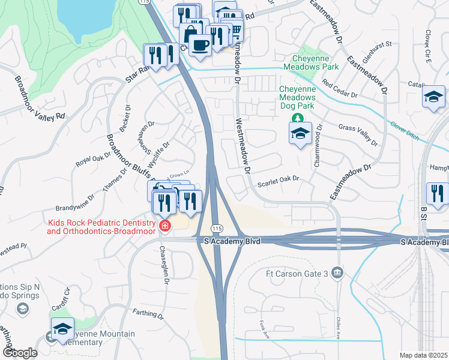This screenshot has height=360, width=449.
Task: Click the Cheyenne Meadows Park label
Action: coord(315,62)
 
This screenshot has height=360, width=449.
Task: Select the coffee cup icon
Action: coord(199,44)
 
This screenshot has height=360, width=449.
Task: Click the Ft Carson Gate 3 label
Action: coord(298,274)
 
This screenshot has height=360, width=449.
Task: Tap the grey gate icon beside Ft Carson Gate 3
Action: coord(338,274)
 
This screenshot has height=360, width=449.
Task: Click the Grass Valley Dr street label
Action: coord(358,135)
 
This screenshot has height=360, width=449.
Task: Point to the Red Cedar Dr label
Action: coord(339,88)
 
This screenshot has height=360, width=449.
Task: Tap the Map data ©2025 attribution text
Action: coord(423,355)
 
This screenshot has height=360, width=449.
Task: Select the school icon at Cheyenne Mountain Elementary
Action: coord(62,328)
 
